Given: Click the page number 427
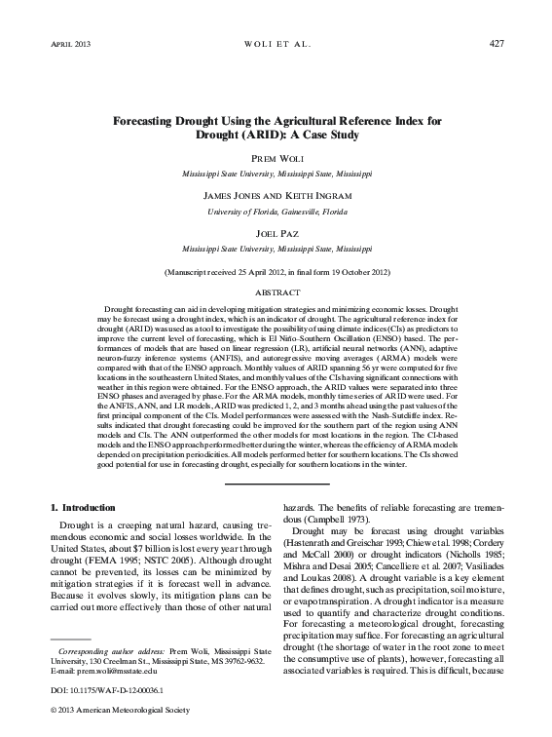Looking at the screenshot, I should (x=495, y=46).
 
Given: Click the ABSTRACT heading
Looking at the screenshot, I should (x=276, y=291).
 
